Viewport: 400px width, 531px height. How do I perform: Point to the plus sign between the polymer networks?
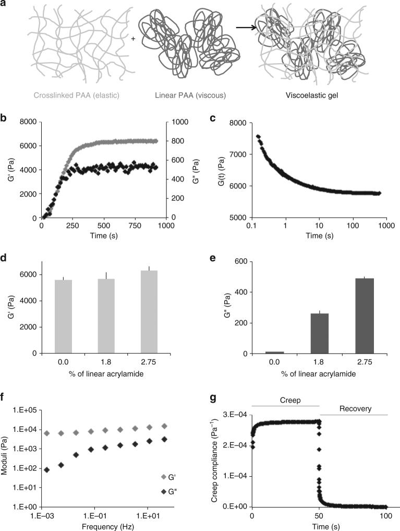coord(133,39)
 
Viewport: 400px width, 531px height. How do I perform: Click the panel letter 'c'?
coord(213,117)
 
